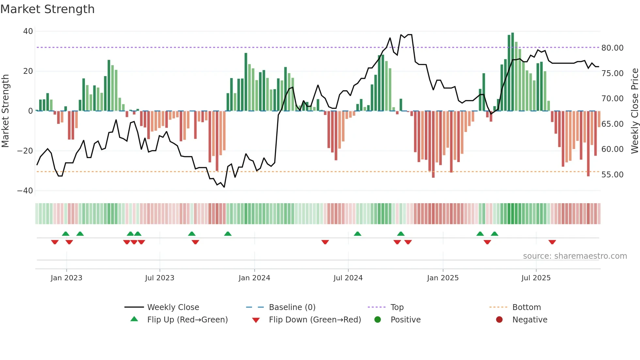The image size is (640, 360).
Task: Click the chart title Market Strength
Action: pyautogui.click(x=47, y=9)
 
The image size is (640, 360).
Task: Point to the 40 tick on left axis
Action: pyautogui.click(x=28, y=31)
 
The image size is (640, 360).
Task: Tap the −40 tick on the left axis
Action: pyautogui.click(x=25, y=191)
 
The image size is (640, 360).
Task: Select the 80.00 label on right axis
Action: pyautogui.click(x=612, y=48)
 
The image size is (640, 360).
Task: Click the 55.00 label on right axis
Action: pyautogui.click(x=612, y=175)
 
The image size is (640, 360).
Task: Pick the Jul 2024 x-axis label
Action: pyautogui.click(x=348, y=278)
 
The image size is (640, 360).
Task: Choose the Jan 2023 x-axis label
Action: pyautogui.click(x=66, y=278)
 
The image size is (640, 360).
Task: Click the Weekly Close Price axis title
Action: pyautogui.click(x=634, y=111)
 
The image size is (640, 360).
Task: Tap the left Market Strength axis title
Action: pyautogui.click(x=5, y=111)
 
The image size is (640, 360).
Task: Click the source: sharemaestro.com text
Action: pyautogui.click(x=575, y=256)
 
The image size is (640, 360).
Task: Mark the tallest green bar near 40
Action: pyautogui.click(x=513, y=72)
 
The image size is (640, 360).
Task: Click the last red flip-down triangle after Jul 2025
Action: pyautogui.click(x=552, y=242)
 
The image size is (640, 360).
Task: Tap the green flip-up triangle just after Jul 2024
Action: pyautogui.click(x=358, y=234)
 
